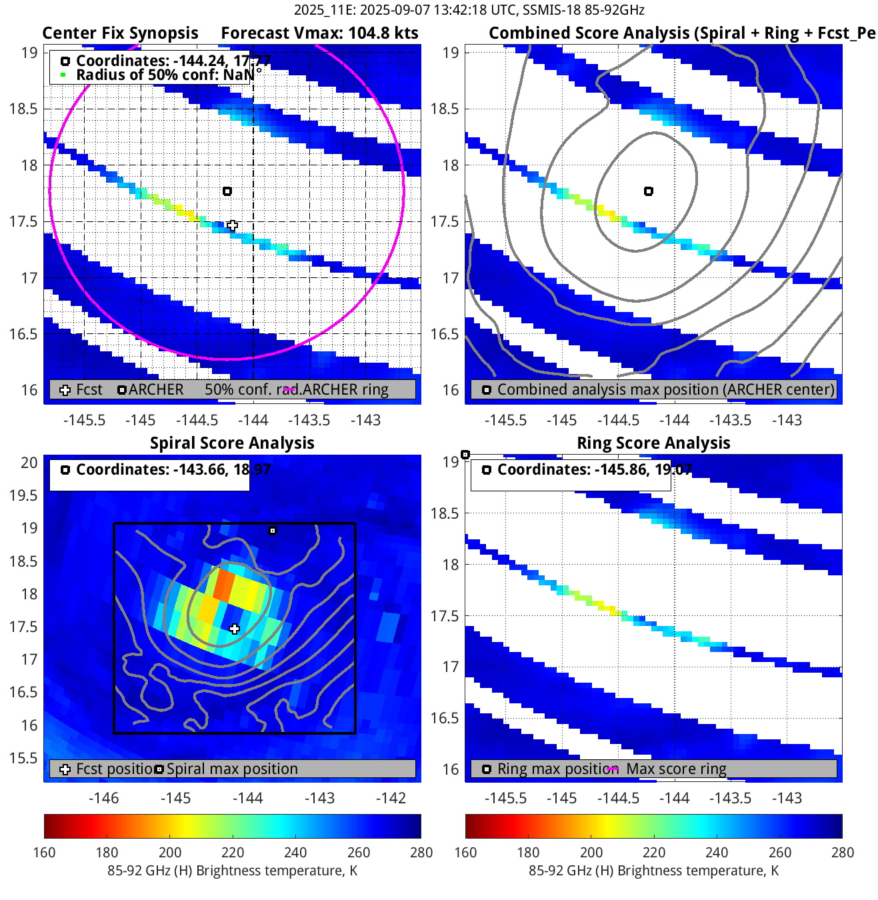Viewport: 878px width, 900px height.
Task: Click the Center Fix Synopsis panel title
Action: (120, 33)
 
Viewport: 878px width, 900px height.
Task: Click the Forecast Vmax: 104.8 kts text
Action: (319, 33)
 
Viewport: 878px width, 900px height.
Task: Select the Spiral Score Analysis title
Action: (232, 443)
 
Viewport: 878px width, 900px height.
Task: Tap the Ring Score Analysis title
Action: (653, 443)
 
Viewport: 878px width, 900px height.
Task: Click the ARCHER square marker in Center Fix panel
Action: (227, 191)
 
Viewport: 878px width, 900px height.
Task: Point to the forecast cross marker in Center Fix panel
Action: (232, 225)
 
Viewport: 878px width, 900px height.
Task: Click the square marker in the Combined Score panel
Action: (649, 191)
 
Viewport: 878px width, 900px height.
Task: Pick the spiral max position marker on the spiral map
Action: (272, 531)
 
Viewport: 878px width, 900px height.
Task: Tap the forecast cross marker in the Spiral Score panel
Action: (234, 629)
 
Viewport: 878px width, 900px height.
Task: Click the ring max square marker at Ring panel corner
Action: (465, 455)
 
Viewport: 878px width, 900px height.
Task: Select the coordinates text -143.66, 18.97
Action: (173, 469)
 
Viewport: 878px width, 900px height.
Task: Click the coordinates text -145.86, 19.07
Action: (595, 469)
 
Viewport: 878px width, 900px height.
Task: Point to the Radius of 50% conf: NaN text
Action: (164, 75)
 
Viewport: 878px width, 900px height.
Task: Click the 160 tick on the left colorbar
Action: (44, 852)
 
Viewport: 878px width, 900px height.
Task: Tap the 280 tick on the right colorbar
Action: (842, 852)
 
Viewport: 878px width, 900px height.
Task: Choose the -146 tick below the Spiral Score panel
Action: (103, 798)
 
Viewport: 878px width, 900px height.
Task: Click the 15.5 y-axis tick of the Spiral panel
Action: (23, 758)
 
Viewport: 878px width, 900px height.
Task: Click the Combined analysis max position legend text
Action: (665, 389)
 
